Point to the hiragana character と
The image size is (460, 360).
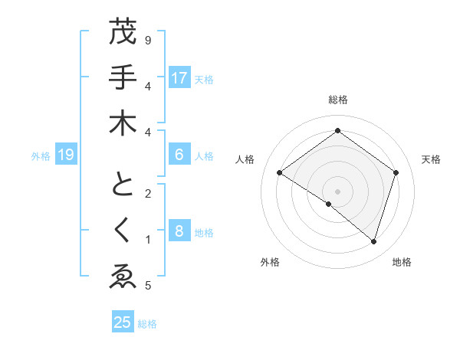(122, 185)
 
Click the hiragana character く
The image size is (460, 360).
(122, 230)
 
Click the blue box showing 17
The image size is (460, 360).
(179, 78)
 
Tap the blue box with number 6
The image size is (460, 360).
(179, 155)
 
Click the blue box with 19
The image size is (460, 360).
(66, 155)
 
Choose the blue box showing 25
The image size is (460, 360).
(123, 322)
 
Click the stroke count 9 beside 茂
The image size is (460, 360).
(148, 40)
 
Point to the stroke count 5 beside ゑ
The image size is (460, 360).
(148, 286)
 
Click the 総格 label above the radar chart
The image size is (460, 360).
(337, 100)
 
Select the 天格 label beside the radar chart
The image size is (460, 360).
(431, 159)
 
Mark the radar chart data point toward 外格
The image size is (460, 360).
(329, 204)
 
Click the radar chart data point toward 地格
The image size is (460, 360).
(373, 241)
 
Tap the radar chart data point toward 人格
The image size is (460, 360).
(279, 173)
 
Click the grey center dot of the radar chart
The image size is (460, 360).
(337, 191)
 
